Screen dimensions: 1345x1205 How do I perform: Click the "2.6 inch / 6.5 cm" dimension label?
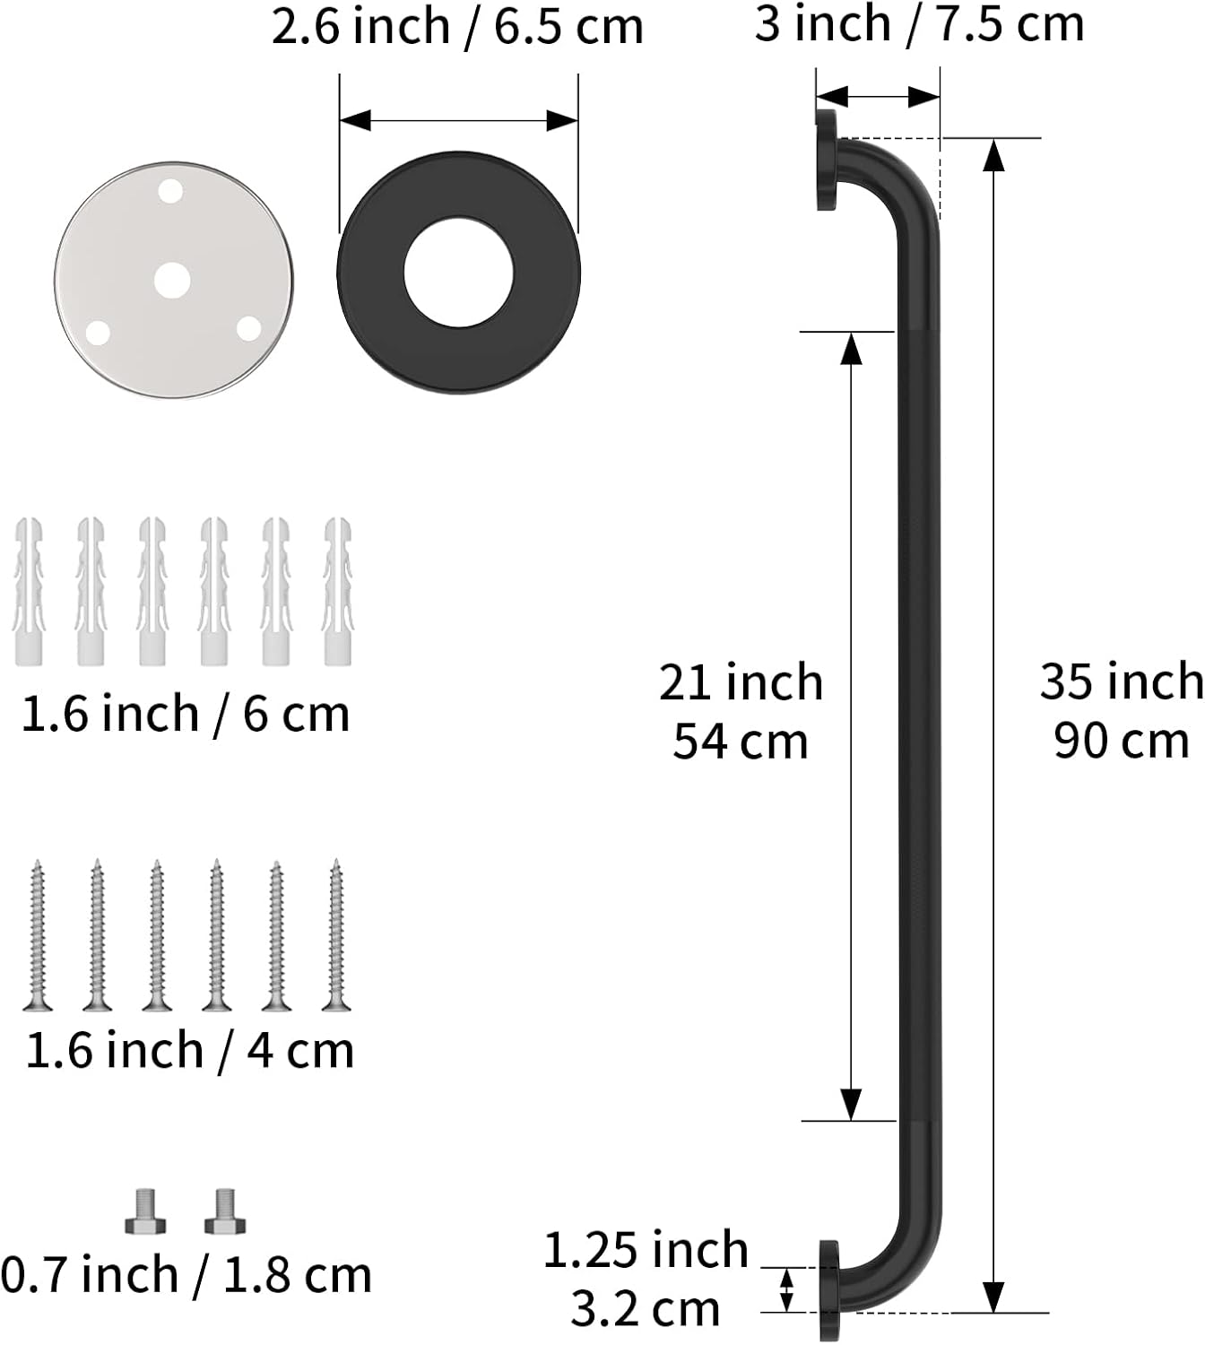[457, 27]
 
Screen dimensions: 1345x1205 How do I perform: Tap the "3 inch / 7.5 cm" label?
[919, 23]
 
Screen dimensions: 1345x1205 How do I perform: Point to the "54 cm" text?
[741, 742]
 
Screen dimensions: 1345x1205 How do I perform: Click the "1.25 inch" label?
[646, 1250]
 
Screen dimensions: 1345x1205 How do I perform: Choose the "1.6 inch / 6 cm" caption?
[185, 715]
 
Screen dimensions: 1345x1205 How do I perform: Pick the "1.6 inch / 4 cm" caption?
[189, 1050]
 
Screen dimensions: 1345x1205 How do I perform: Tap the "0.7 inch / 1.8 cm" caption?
[186, 1275]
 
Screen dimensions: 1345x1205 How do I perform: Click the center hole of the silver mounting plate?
[172, 281]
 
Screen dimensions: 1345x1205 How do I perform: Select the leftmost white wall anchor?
[28, 591]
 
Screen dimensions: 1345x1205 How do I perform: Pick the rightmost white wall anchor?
[337, 591]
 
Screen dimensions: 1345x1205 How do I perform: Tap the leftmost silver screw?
[37, 935]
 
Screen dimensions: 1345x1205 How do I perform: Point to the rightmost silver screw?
[336, 935]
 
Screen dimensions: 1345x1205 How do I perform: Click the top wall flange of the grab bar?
[827, 160]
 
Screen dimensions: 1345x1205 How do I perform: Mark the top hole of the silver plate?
[170, 191]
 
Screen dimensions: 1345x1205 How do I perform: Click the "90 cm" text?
[1121, 742]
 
